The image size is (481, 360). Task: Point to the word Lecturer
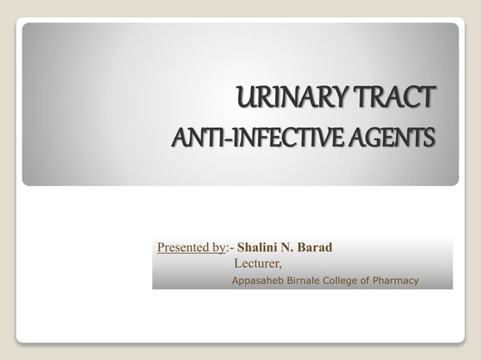coord(257,264)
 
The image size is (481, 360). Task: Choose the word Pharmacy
coord(396,281)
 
